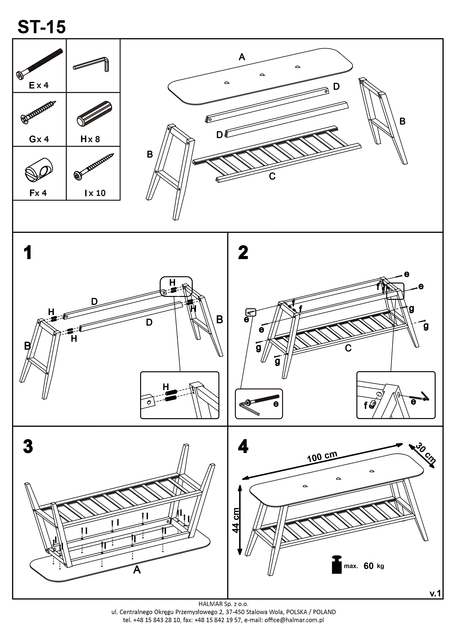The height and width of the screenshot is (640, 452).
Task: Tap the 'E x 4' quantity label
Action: (x=39, y=85)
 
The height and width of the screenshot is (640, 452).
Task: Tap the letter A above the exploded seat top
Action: (x=242, y=57)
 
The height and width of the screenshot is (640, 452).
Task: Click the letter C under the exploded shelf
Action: (x=272, y=176)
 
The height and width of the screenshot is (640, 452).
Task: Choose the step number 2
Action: (x=243, y=253)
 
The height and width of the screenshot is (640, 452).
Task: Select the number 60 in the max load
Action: (x=369, y=566)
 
